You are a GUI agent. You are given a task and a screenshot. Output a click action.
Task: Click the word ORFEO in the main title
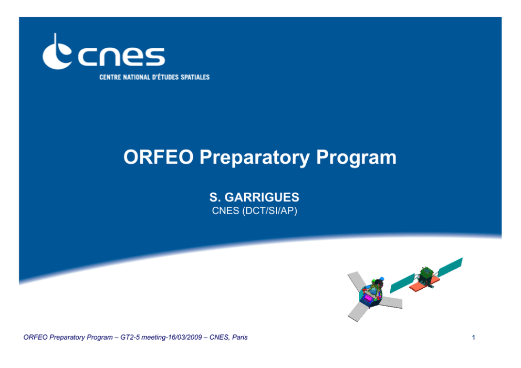158,157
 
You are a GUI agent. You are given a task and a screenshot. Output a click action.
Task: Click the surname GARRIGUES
262,197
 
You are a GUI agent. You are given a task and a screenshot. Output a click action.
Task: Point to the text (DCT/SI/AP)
269,211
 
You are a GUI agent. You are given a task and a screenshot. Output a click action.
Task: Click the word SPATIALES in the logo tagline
195,77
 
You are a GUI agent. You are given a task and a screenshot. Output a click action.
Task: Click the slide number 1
474,338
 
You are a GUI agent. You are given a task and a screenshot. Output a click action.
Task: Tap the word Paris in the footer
239,338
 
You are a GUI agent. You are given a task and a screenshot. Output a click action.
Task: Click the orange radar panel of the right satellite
424,285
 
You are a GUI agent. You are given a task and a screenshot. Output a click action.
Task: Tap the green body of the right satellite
425,275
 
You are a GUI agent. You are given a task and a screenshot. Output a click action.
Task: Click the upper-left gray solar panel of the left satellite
357,281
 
